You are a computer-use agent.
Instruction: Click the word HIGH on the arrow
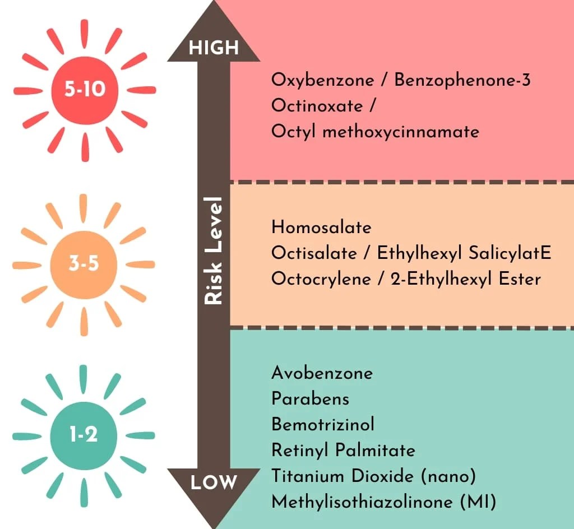(x=214, y=48)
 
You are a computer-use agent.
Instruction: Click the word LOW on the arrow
(x=214, y=482)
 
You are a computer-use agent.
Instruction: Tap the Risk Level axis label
(x=214, y=251)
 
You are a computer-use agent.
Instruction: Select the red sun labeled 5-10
(x=85, y=90)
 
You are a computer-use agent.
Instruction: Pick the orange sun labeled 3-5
(x=84, y=265)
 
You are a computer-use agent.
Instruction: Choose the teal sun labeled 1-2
(x=84, y=436)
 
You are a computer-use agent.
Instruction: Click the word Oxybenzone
(x=323, y=81)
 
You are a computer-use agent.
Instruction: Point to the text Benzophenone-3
(x=462, y=80)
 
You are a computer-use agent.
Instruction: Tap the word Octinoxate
(x=317, y=106)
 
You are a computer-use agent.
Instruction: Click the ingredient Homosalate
(x=321, y=227)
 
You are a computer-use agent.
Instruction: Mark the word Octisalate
(x=314, y=253)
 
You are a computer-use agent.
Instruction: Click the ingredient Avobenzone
(x=322, y=373)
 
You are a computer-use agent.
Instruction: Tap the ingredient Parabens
(x=311, y=399)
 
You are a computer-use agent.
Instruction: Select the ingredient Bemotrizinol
(x=323, y=424)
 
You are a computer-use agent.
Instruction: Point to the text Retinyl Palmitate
(x=344, y=451)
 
